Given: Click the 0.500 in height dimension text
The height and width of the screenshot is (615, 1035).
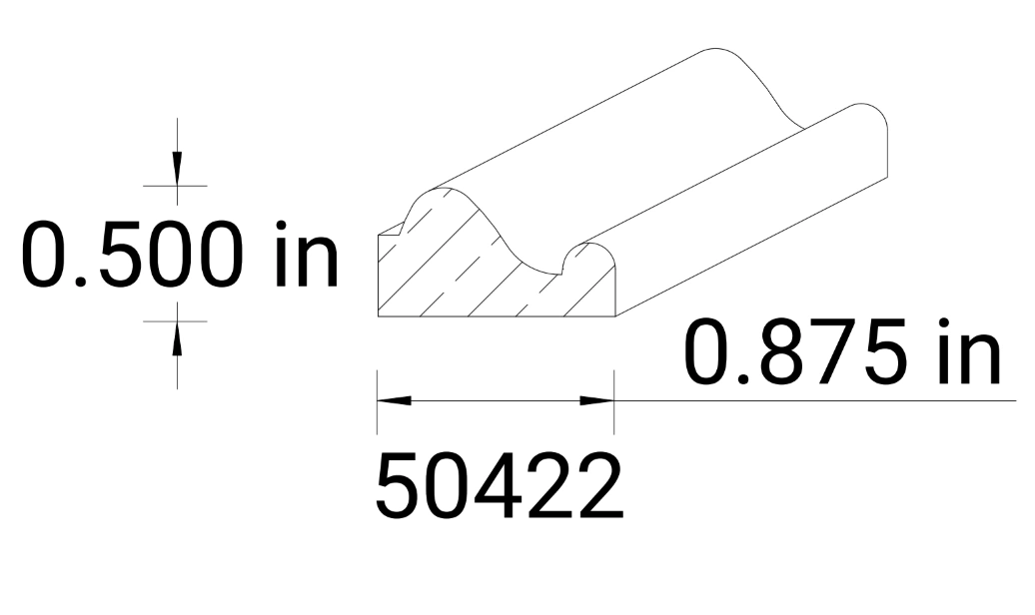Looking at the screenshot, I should point(180,256).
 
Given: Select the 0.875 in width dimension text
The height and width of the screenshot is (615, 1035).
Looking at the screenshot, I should point(841,354).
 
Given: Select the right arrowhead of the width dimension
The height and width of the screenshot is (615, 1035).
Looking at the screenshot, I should point(597,400).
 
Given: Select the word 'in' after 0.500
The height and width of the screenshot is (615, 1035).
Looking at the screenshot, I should point(306,256).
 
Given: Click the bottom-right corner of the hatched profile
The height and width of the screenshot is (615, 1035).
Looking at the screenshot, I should point(614,315).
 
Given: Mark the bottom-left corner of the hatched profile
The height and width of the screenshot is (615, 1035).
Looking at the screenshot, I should point(379,315).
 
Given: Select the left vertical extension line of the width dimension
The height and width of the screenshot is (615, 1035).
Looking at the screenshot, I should point(377,399).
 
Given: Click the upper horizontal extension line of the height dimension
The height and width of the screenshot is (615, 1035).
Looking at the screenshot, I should point(175,186).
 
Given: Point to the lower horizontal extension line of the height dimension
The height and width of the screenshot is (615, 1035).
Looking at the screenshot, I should point(175,321).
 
